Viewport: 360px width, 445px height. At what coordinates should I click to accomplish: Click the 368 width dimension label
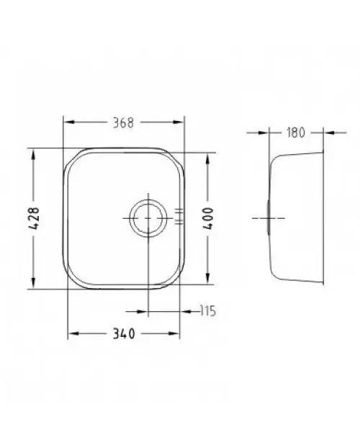pos(123,123)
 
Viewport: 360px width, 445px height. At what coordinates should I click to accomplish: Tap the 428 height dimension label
pos(35,218)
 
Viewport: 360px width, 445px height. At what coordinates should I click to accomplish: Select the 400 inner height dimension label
pos(209,218)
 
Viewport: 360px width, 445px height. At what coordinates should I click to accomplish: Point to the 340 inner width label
pos(124,334)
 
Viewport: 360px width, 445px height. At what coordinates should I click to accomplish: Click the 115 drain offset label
pos(207,311)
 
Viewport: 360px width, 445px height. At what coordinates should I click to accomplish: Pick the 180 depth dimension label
pos(296,132)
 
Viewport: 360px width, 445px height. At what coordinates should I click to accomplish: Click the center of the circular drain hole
pos(148,218)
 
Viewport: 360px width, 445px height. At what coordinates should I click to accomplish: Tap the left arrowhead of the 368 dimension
pos(68,122)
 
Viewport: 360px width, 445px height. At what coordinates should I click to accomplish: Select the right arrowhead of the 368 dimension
pos(179,122)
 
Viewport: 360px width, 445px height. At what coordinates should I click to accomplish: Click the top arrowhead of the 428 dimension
pos(33,154)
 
